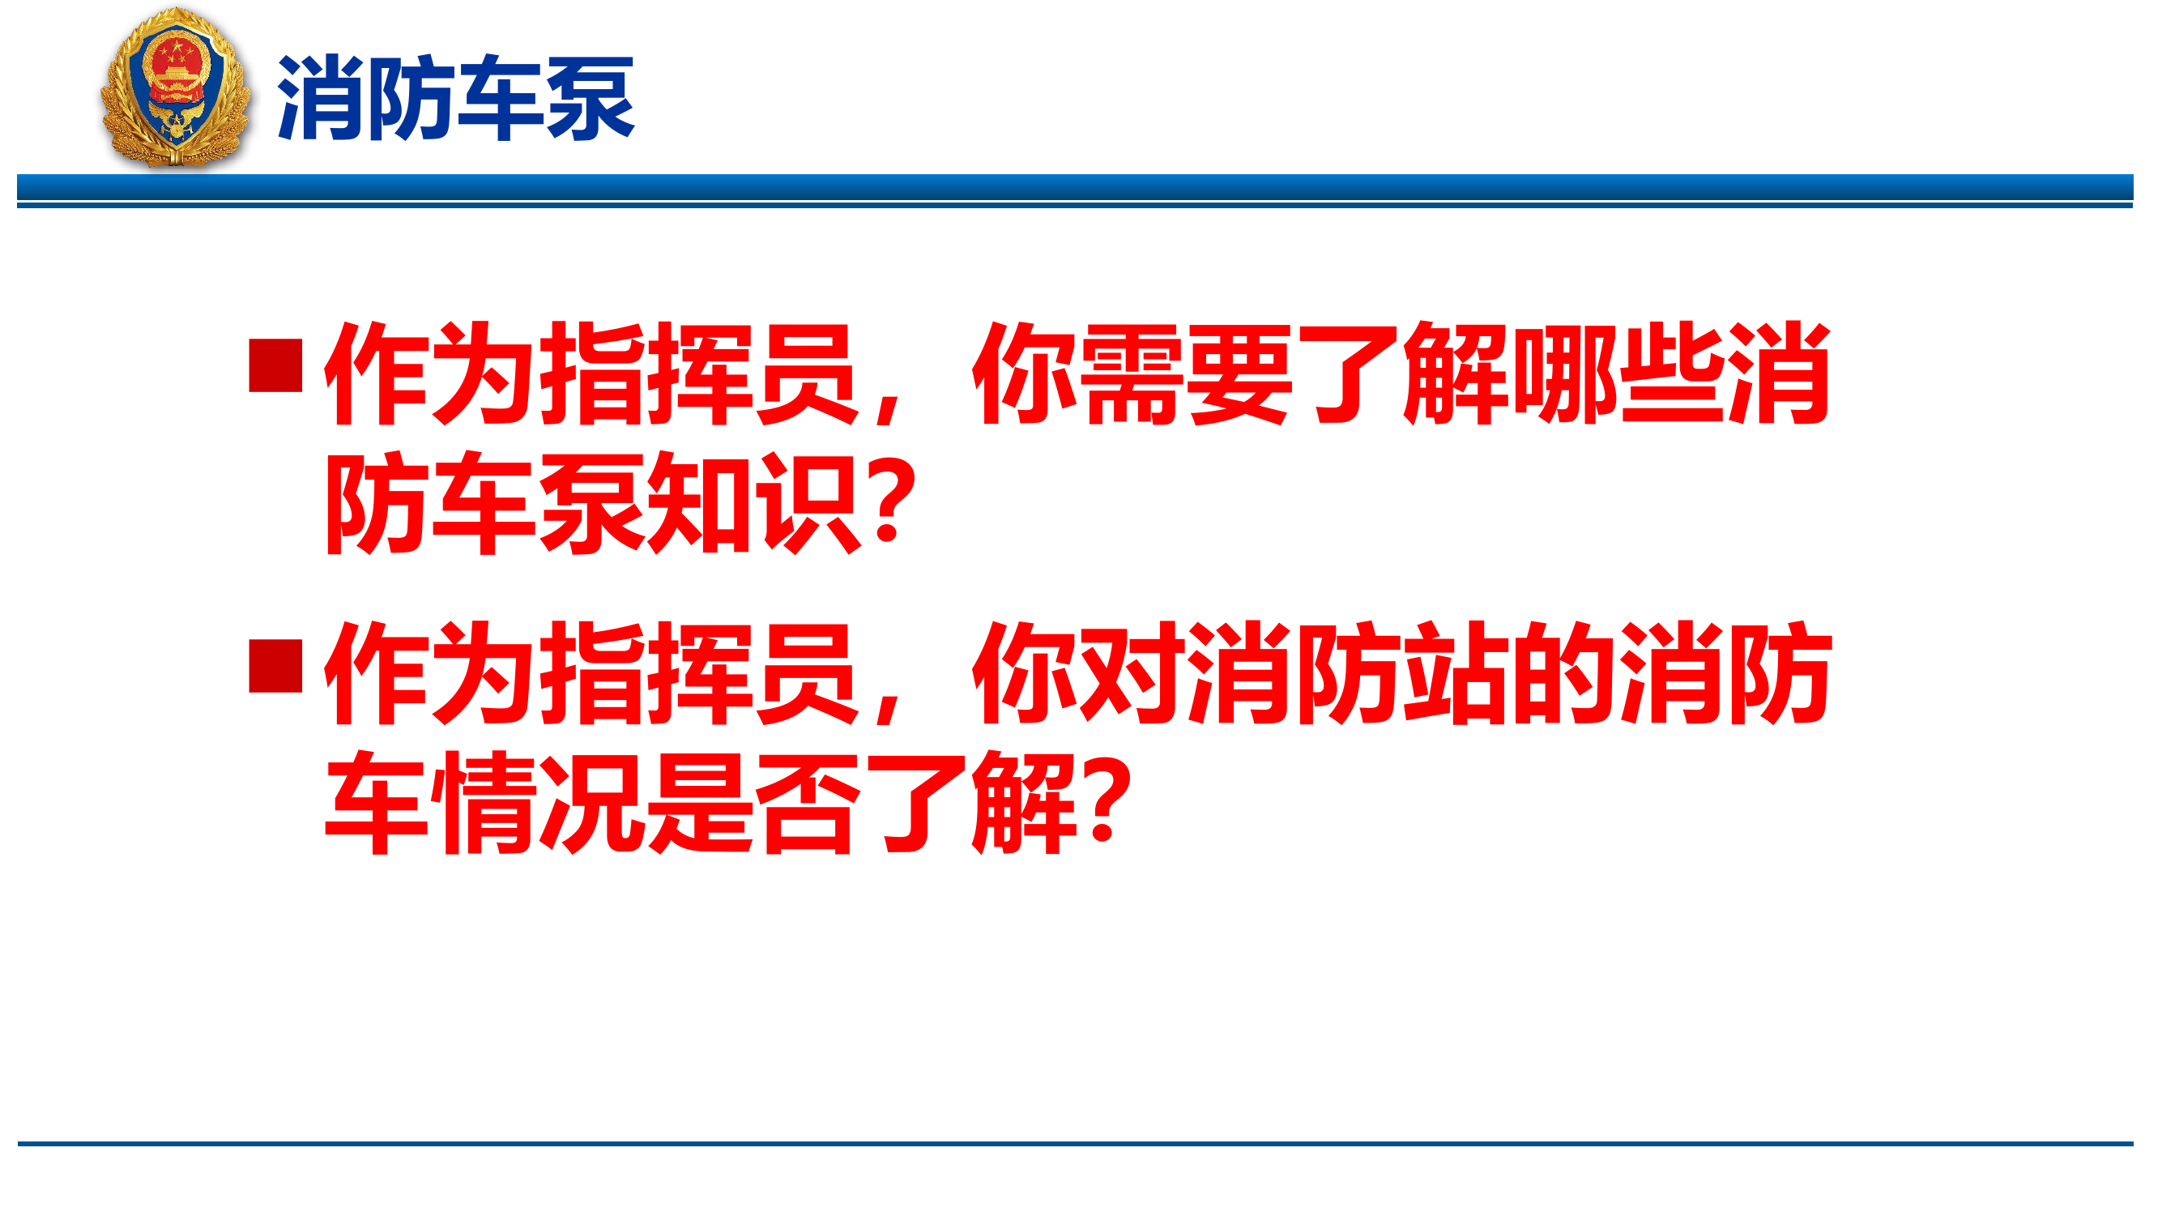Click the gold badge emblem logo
[x=176, y=87]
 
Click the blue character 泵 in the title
[x=590, y=98]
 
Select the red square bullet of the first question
[x=275, y=366]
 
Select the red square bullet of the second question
[x=275, y=666]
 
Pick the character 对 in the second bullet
[x=1132, y=674]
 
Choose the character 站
[x=1455, y=674]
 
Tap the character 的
[x=1563, y=674]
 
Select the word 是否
[x=753, y=804]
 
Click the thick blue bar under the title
[x=1074, y=187]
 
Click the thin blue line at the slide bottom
[x=1074, y=1144]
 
